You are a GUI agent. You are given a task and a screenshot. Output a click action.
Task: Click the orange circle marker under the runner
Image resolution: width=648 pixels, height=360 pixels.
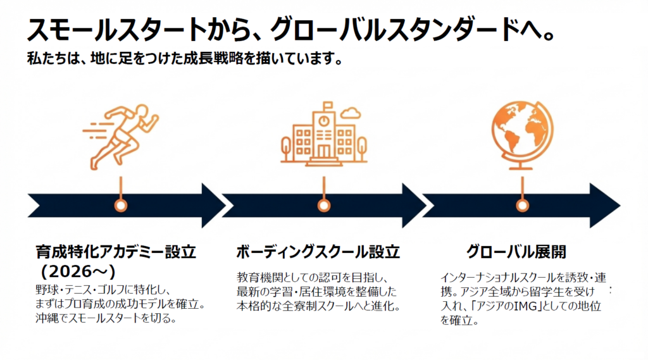pyautogui.click(x=120, y=206)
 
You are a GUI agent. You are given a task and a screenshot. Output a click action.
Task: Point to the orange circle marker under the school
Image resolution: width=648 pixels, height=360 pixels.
pyautogui.click(x=323, y=206)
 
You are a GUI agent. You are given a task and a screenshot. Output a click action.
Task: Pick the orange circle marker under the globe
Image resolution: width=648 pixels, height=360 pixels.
pyautogui.click(x=522, y=206)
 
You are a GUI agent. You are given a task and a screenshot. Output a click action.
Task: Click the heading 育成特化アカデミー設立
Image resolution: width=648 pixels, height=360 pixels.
pyautogui.click(x=116, y=252)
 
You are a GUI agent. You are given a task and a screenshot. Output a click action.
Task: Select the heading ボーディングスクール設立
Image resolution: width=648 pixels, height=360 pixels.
pyautogui.click(x=318, y=252)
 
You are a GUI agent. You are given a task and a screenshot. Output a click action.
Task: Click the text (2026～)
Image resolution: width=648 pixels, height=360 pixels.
pyautogui.click(x=76, y=271)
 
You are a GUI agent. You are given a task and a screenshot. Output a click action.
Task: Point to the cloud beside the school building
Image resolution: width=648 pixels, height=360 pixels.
pyautogui.click(x=349, y=113)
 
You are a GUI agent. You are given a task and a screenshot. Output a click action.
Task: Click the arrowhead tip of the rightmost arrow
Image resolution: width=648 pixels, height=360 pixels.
pyautogui.click(x=618, y=206)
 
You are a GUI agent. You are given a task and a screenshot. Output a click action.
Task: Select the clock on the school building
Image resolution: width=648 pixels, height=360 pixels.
pyautogui.click(x=324, y=119)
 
